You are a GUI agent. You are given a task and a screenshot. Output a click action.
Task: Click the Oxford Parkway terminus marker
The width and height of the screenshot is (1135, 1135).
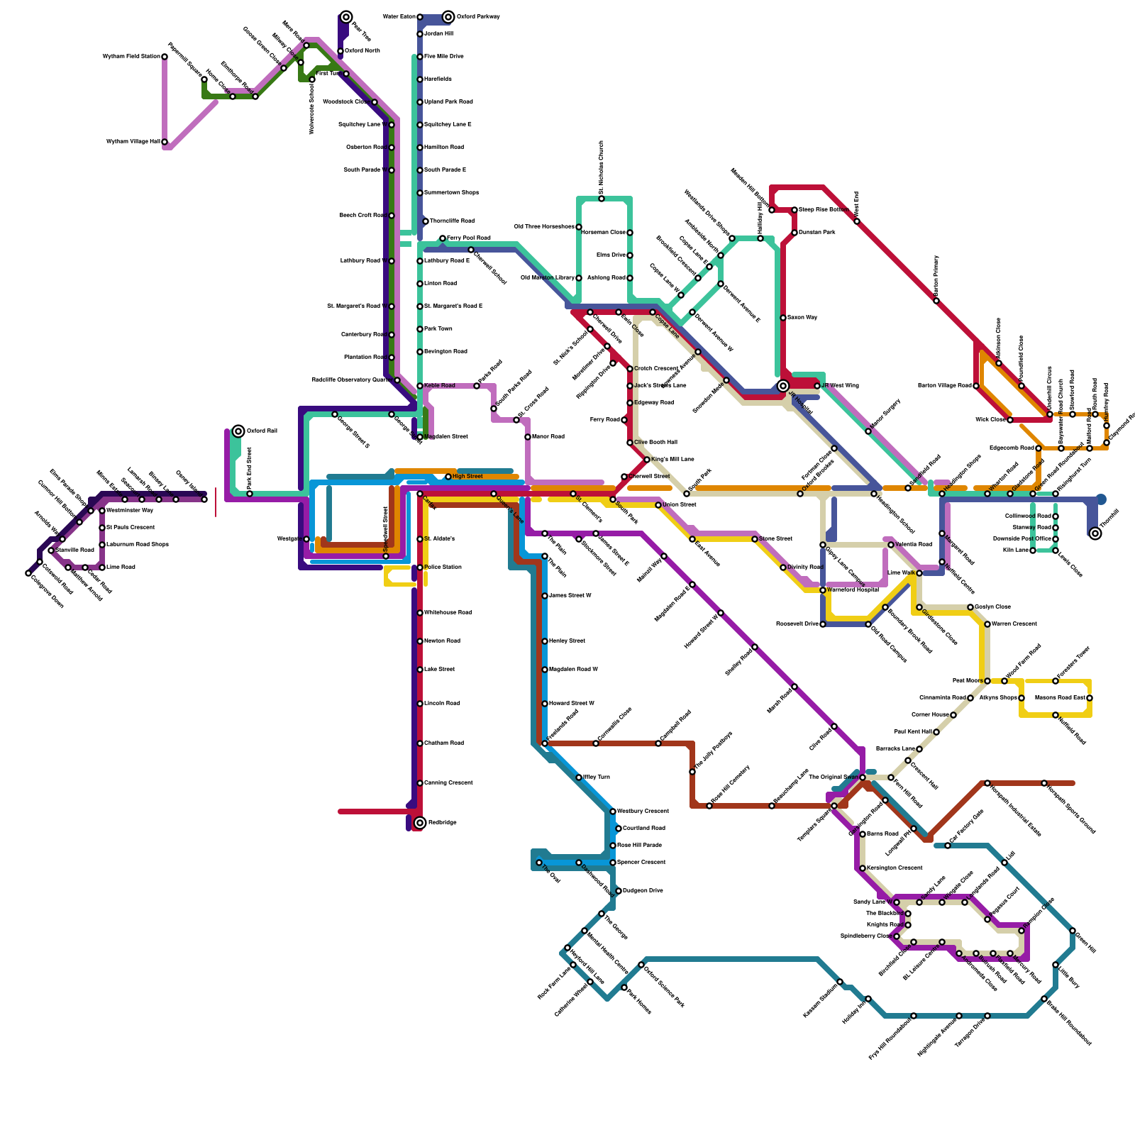point(448,17)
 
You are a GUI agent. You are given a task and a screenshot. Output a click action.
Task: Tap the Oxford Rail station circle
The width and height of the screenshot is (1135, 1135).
point(238,431)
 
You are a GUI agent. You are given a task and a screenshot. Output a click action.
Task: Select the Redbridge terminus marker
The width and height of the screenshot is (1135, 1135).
point(420,823)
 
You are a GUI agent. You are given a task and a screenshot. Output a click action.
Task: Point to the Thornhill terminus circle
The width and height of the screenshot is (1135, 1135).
point(1095,533)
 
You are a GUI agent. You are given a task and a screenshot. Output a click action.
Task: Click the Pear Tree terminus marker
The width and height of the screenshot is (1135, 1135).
point(346,17)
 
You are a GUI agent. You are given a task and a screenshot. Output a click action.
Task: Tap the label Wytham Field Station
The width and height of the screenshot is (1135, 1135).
point(131,57)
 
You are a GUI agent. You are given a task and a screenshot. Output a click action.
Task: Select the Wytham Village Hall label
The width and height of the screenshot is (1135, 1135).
point(133,142)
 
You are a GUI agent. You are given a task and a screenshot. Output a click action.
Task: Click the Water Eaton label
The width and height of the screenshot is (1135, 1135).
point(399,17)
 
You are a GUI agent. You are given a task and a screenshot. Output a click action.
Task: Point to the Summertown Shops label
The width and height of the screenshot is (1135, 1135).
point(451,193)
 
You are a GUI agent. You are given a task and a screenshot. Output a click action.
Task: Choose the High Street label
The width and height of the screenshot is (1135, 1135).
point(467,477)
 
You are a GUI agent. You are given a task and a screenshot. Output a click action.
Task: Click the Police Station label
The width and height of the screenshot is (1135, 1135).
point(443,567)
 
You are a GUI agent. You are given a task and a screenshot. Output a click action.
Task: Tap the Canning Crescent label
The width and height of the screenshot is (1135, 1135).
point(448,783)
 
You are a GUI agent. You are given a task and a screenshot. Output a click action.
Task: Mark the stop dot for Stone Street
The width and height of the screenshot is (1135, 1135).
point(755,539)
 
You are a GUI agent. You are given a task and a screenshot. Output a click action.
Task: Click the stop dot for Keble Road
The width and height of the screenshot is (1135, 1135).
point(420,386)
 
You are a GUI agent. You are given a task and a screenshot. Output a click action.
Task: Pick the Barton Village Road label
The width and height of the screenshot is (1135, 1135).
point(944,386)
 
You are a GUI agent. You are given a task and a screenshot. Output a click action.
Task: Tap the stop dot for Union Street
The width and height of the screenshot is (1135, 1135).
point(658,505)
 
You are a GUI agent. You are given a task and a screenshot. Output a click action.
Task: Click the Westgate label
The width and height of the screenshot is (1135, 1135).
point(289,539)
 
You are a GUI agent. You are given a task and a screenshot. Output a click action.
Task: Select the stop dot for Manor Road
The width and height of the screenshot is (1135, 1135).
point(528,437)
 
